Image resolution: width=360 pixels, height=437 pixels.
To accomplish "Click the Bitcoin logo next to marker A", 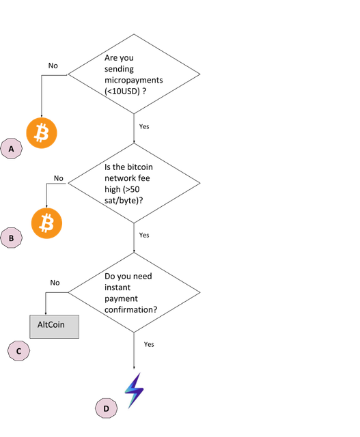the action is [42, 133].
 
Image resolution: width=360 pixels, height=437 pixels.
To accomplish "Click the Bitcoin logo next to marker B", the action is [46, 223].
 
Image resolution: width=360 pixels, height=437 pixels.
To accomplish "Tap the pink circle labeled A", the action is [12, 149].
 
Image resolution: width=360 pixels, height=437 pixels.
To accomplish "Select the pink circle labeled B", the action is [12, 238].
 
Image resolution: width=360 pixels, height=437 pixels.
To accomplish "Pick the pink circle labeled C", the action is [18, 351].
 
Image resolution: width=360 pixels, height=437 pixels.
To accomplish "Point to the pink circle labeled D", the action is [107, 408].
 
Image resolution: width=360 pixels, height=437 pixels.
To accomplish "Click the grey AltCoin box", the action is [55, 326].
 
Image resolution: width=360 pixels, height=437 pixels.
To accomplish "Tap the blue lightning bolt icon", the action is [134, 391].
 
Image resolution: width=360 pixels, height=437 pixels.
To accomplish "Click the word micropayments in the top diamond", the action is [134, 81].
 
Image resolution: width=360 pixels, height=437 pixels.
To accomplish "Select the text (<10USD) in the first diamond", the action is [122, 91].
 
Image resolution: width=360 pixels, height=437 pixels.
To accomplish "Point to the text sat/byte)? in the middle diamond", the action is [124, 201].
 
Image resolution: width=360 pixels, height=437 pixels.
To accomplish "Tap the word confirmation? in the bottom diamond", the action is [130, 309].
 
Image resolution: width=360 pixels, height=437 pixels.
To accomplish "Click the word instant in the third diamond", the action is [117, 287].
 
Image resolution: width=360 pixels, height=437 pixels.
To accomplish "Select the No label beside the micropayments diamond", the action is [53, 66].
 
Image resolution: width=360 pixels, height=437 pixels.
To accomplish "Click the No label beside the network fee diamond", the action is [59, 178].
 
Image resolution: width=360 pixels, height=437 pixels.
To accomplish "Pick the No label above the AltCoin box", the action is [55, 283].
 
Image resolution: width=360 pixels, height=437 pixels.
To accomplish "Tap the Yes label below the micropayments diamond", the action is [144, 126].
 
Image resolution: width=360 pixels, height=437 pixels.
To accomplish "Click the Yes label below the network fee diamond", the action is [144, 235].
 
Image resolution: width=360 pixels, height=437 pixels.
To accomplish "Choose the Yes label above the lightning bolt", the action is [149, 344].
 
